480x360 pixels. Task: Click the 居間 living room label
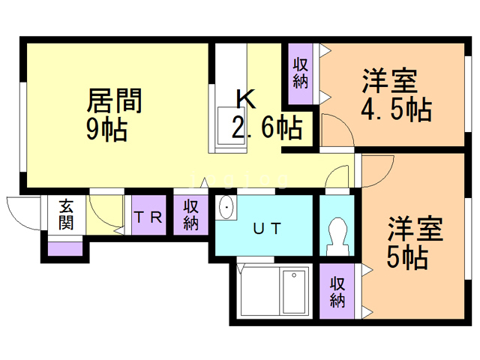(114, 100)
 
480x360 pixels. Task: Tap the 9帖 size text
(106, 130)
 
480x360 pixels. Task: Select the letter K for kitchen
(247, 99)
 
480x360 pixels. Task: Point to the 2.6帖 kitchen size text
(267, 127)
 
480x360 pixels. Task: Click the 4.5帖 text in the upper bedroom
(397, 109)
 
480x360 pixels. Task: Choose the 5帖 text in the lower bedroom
(407, 258)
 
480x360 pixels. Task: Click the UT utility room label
(267, 228)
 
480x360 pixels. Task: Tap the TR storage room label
(148, 217)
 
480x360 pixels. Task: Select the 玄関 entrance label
(66, 214)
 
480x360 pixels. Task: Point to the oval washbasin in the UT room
(226, 207)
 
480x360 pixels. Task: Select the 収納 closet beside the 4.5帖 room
(300, 73)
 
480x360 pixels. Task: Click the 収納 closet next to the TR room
(190, 215)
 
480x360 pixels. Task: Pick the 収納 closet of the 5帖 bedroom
(337, 292)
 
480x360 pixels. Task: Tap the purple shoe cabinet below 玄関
(65, 248)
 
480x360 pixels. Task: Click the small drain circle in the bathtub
(294, 275)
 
